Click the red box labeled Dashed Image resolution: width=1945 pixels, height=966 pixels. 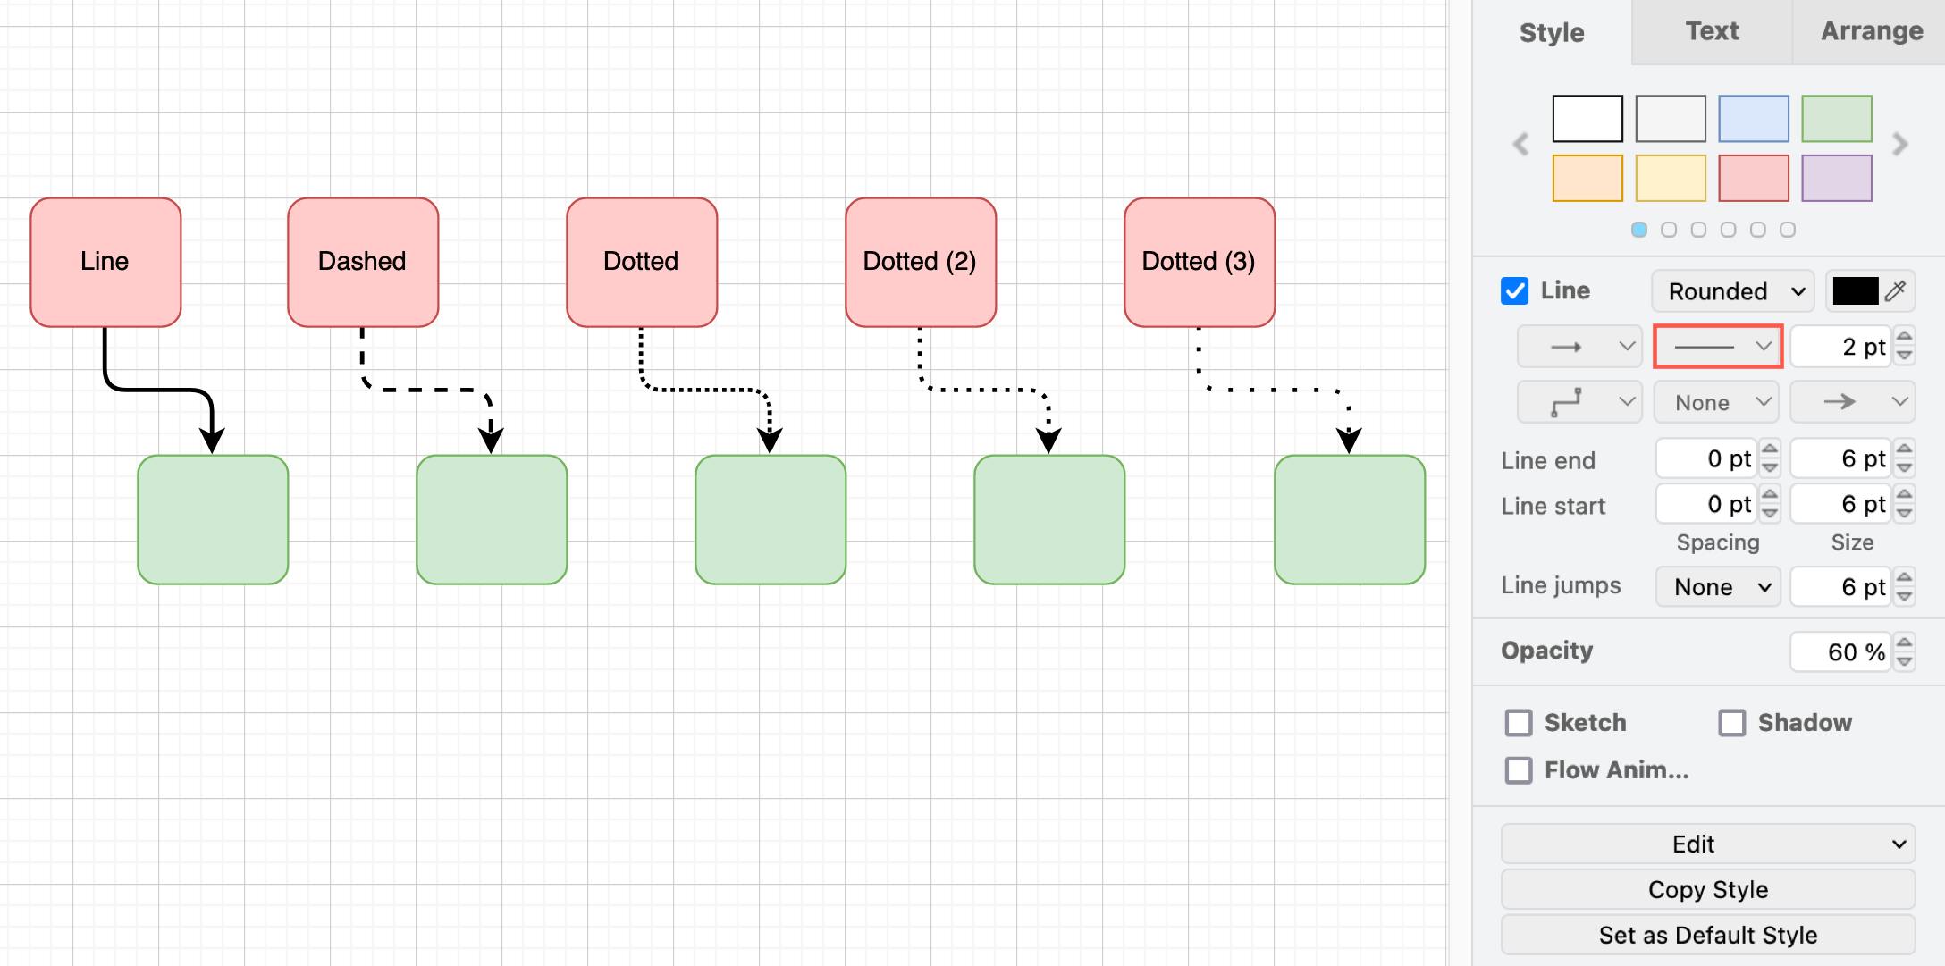(362, 262)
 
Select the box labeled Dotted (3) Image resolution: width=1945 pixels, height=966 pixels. (1199, 262)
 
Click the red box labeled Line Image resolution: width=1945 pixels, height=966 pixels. (105, 262)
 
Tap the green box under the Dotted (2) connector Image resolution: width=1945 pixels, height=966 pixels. (1048, 519)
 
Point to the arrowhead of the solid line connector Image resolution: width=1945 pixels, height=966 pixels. (212, 441)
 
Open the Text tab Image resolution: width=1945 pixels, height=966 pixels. (1711, 32)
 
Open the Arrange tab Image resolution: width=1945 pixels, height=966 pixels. (1871, 32)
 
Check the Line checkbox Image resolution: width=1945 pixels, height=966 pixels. (1514, 291)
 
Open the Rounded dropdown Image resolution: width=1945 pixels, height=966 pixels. (1732, 291)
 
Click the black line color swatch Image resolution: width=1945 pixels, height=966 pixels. (1855, 291)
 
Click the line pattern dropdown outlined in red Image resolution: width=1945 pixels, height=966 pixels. (1718, 347)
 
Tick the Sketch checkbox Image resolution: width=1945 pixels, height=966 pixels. (1519, 723)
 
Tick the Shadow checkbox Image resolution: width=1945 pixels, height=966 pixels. (1731, 723)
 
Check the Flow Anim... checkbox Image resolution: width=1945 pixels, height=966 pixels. (1519, 770)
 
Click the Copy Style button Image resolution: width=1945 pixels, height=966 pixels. (1707, 890)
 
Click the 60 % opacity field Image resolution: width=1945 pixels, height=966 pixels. (1840, 652)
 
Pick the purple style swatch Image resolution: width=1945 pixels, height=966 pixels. (1836, 178)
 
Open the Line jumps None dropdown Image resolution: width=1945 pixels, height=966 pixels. (1717, 587)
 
